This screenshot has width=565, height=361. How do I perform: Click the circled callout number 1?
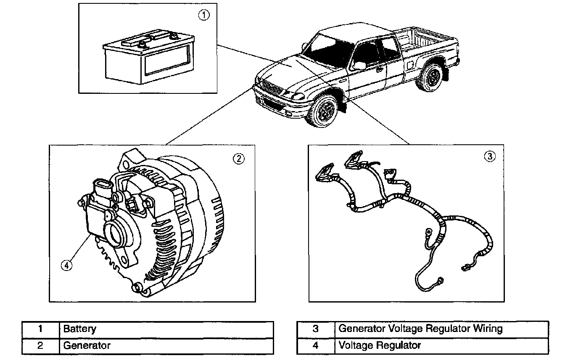(x=203, y=16)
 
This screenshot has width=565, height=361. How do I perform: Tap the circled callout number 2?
(x=238, y=159)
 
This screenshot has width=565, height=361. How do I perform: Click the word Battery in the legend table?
(x=79, y=329)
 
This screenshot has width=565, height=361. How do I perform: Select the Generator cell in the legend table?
(x=87, y=346)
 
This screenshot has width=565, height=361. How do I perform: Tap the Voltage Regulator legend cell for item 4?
(x=379, y=346)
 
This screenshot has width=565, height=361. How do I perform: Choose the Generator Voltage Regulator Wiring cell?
(x=420, y=329)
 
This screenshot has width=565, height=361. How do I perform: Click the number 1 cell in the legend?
(x=40, y=329)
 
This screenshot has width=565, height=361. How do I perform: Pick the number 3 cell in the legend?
(x=316, y=329)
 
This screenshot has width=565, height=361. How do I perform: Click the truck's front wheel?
(x=324, y=111)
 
